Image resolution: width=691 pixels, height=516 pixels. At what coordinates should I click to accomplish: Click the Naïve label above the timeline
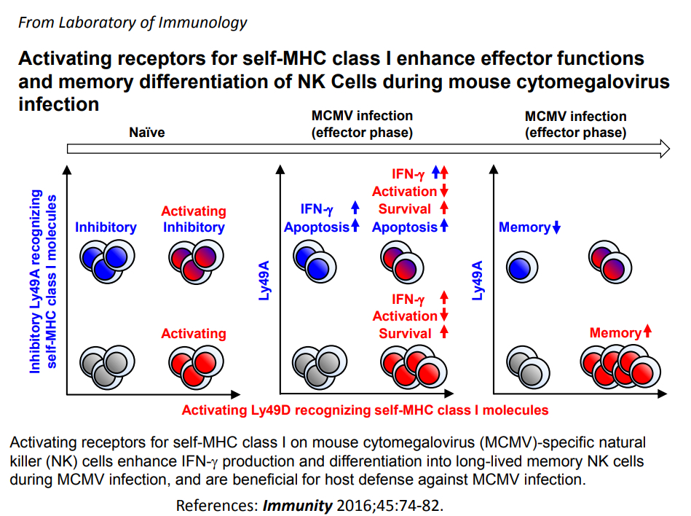coord(147,133)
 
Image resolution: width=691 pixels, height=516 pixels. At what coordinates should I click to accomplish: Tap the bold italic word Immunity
coord(298,505)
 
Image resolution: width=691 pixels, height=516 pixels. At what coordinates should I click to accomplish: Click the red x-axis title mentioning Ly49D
coord(365,410)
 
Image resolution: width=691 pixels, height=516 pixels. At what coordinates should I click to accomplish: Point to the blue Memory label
coord(524,227)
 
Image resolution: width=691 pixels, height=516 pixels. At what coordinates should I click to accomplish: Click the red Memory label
coord(615,332)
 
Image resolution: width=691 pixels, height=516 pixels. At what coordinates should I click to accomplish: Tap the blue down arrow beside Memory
coord(556,227)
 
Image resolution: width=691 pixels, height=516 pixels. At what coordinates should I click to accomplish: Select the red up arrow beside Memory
coord(647,331)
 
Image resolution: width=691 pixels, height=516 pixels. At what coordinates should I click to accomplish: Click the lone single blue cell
coord(522,267)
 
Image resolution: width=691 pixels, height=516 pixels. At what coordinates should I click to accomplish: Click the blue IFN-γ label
coord(317,208)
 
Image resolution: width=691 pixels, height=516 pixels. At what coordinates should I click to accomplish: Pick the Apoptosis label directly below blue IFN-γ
coord(317,227)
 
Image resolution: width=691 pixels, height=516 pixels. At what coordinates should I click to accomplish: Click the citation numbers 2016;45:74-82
coord(390,505)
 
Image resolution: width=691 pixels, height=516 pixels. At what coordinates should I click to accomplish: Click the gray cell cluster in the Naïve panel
coord(107,367)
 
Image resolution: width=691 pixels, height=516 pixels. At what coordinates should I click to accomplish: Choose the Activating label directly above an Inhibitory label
coord(194,211)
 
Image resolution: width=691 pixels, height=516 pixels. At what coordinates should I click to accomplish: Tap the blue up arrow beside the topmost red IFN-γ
coord(435,172)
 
